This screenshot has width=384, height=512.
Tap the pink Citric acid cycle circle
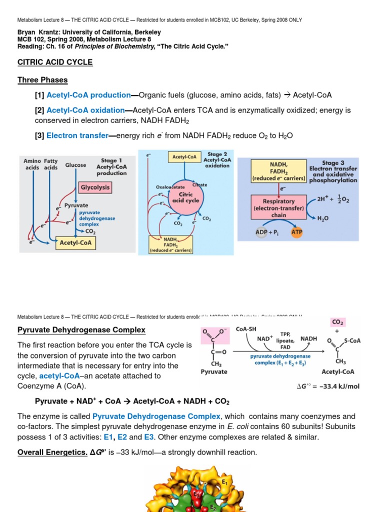(185, 197)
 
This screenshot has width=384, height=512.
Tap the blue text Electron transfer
(77, 135)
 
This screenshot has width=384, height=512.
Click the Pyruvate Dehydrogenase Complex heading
(81, 330)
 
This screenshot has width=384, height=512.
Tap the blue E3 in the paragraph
(149, 437)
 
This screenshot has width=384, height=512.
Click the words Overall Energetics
(54, 452)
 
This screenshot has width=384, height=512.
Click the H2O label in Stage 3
(324, 218)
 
